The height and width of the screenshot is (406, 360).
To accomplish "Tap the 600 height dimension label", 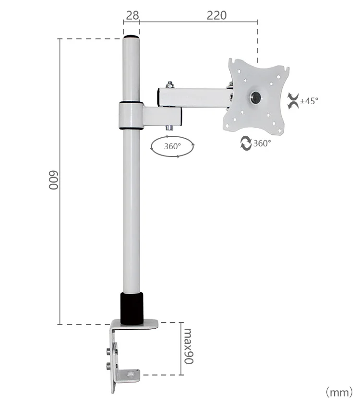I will (x=53, y=180).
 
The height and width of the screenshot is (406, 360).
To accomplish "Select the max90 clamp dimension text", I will (x=188, y=346).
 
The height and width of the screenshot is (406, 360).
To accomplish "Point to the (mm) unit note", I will (x=339, y=393).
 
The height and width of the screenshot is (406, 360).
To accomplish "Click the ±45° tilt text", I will (x=309, y=101).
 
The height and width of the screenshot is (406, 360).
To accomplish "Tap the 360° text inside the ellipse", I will (x=172, y=146).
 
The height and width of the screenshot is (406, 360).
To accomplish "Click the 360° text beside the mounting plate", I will (x=262, y=143).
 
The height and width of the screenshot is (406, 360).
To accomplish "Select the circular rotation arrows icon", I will (x=246, y=143).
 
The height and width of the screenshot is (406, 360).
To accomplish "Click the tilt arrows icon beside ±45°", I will (x=292, y=101).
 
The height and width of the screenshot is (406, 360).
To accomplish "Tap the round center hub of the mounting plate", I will (x=255, y=97).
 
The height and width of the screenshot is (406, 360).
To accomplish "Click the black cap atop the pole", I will (x=131, y=37).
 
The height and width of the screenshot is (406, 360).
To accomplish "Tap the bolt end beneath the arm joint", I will (x=170, y=128).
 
